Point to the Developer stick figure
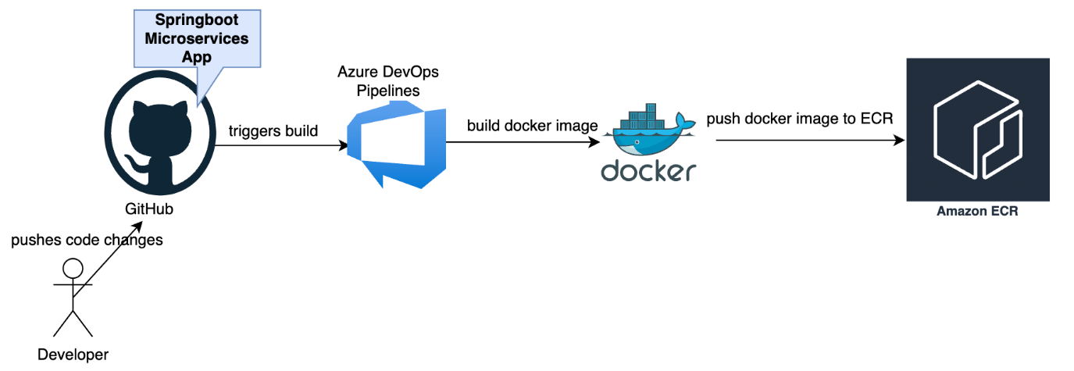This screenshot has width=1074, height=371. point(73,301)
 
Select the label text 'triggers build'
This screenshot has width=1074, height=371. point(273,130)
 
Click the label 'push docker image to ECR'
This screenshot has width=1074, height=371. point(800,119)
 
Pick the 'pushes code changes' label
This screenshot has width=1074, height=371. point(87,240)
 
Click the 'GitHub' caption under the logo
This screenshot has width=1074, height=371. point(149,209)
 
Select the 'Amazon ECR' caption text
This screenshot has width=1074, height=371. point(977,212)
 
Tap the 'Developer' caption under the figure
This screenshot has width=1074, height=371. point(73,355)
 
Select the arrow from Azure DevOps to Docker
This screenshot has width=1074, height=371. point(520,141)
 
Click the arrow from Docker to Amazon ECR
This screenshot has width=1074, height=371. point(809,141)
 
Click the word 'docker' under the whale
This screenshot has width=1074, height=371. point(648,170)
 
